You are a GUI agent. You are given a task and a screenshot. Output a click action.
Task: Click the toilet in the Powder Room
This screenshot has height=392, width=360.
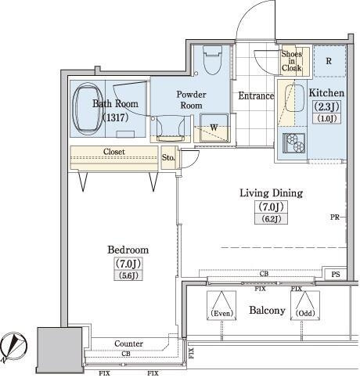pos(213,60)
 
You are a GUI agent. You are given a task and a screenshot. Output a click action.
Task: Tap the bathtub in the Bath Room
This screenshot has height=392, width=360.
pos(88,109)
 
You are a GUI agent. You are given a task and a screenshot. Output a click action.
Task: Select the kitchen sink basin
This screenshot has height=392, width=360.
pos(294,99)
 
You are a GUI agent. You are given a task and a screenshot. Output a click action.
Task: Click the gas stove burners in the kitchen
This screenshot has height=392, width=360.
pos(294,142)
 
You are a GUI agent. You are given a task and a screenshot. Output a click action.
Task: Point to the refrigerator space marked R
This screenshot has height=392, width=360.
pos(329,61)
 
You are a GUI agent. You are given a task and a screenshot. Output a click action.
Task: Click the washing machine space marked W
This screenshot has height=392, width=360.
pos(214,128)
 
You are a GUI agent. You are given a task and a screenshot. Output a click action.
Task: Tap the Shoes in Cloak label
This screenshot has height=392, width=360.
pos(291,61)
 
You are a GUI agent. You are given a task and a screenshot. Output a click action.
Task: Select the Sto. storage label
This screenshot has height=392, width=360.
pos(168,157)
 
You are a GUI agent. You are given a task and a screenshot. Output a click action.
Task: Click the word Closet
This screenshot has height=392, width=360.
pos(114,152)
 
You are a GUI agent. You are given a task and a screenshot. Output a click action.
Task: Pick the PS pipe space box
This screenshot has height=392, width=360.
pos(336,275)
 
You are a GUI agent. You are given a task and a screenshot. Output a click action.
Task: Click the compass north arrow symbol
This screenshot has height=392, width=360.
pos(13,347)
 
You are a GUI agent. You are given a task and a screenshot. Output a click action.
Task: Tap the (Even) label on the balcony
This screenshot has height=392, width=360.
pos(221,313)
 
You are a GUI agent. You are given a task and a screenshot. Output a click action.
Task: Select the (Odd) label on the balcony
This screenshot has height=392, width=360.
pos(305,313)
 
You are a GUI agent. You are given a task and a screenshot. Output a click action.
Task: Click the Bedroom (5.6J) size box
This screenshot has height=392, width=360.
pos(128,275)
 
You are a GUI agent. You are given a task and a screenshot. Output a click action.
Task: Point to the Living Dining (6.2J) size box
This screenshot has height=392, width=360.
pos(271,219)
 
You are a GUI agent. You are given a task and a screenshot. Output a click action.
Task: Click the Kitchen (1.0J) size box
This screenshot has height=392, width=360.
pos(327,118)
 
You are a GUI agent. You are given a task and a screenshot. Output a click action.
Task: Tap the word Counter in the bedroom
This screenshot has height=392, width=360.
pos(128,343)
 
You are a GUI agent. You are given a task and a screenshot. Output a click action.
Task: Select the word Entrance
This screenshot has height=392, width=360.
pos(256,96)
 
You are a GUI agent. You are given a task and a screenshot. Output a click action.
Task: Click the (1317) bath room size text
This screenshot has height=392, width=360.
pos(115,118)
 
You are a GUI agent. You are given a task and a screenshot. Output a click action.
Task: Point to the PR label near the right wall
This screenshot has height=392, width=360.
pos(335,217)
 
